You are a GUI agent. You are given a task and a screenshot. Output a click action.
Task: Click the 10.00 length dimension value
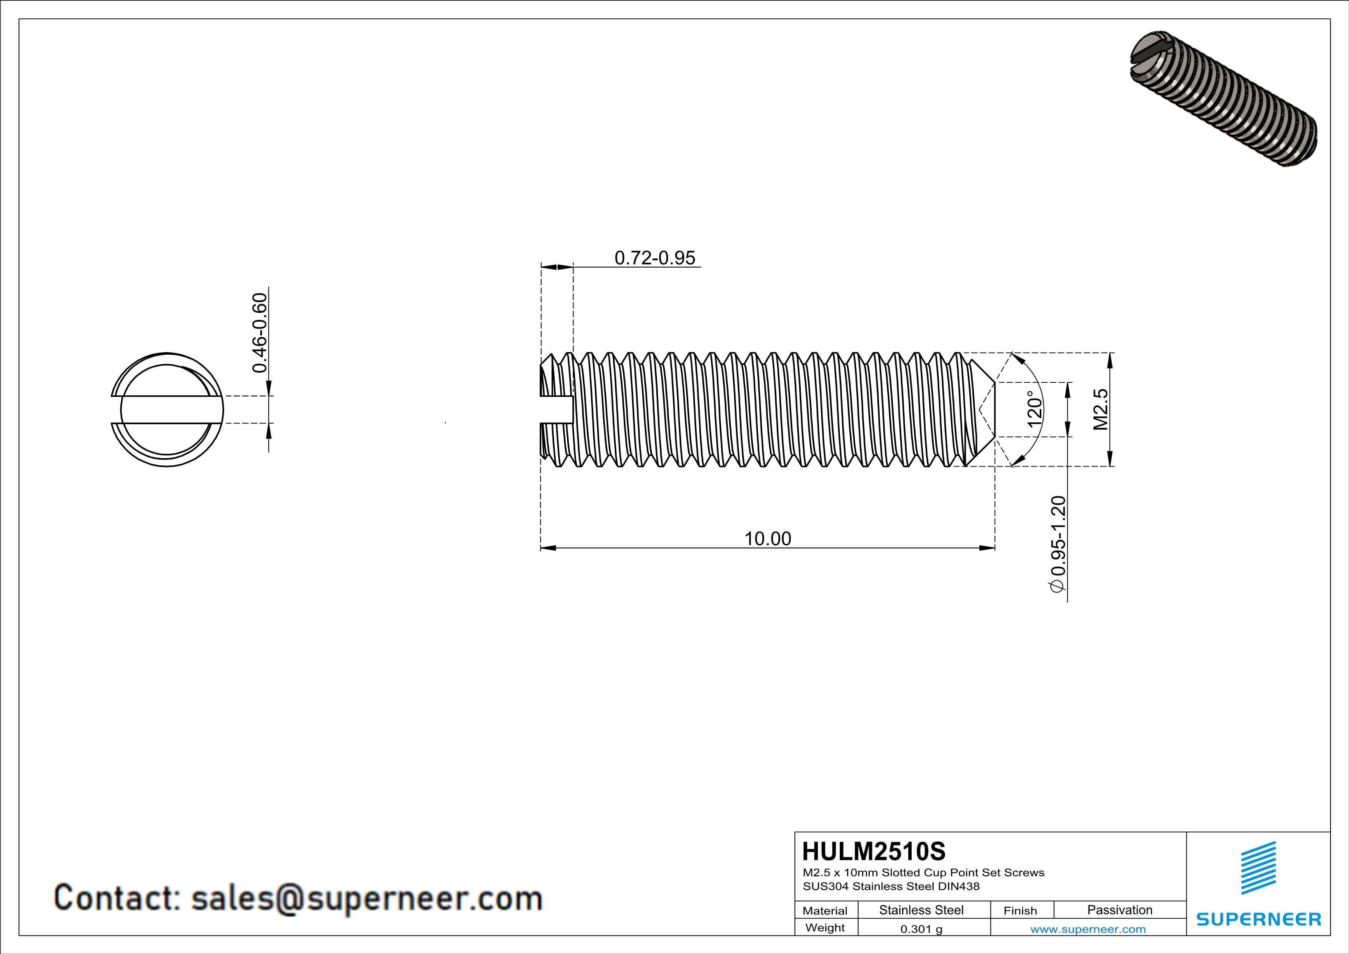pos(767,538)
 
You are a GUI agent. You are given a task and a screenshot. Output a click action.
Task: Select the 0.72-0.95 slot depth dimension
pos(655,258)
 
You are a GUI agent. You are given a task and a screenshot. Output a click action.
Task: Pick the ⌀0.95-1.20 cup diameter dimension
pos(1057,545)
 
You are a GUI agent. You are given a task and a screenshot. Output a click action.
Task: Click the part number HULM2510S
pos(874,851)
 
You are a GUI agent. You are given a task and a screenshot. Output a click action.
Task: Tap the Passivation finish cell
pos(1119,910)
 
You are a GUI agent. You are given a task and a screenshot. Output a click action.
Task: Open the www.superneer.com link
pos(1087,929)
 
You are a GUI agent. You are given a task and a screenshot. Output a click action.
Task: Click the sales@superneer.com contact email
pos(367,898)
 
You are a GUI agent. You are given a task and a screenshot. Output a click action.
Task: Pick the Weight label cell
pos(825,927)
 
